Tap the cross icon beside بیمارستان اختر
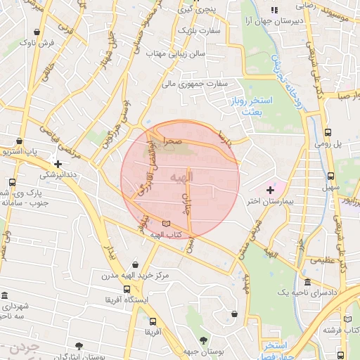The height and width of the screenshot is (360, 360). pos(270,190)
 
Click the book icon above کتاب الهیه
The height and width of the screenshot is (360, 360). pos(165,224)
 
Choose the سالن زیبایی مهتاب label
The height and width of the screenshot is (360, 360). pos(175,53)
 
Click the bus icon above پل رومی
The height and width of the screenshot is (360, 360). pos(329,132)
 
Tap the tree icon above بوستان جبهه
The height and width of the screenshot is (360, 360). pos(204,340)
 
